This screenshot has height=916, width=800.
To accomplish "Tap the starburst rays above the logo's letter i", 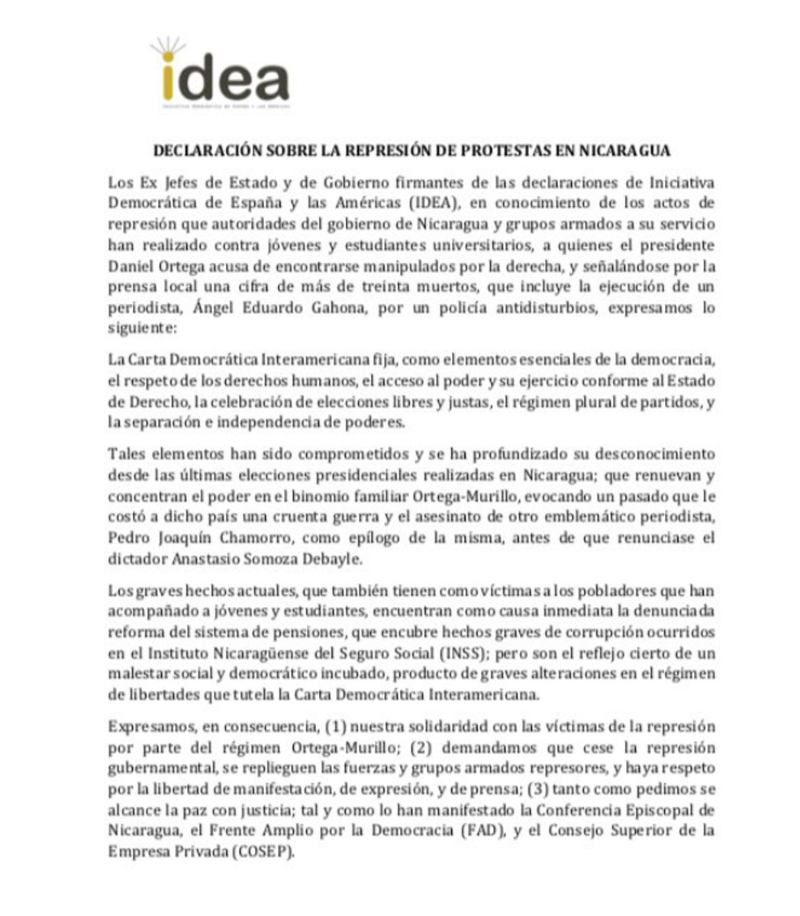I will tap(167, 46).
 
